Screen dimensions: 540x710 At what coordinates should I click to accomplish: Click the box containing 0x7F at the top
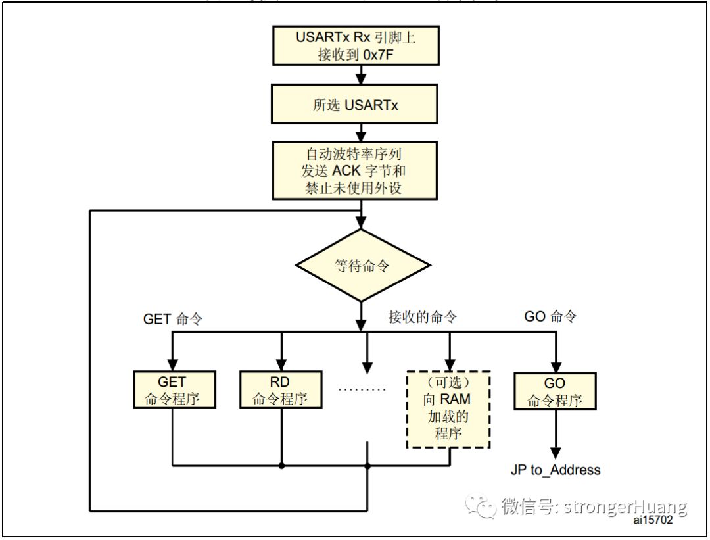pyautogui.click(x=355, y=46)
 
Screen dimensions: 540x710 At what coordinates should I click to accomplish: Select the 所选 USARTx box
pyautogui.click(x=355, y=104)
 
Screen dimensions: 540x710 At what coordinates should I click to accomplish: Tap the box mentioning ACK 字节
pyautogui.click(x=355, y=171)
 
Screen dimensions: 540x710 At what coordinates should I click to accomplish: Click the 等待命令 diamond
pyautogui.click(x=362, y=266)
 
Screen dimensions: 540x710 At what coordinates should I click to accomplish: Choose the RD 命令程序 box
pyautogui.click(x=281, y=391)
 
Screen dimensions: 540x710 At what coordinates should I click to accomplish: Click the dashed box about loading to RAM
pyautogui.click(x=448, y=409)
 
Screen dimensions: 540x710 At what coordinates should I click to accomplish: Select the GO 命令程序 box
pyautogui.click(x=556, y=392)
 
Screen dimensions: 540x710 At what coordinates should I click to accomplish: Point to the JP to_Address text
pyautogui.click(x=556, y=470)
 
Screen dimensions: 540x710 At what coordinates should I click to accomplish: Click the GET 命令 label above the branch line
pyautogui.click(x=173, y=319)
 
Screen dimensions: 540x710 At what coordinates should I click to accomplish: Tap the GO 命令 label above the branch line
pyautogui.click(x=551, y=316)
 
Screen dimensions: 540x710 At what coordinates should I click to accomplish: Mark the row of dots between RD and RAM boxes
pyautogui.click(x=362, y=389)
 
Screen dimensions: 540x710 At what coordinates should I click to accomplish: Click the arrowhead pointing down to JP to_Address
pyautogui.click(x=556, y=453)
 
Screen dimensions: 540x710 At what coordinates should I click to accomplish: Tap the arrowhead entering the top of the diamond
pyautogui.click(x=362, y=223)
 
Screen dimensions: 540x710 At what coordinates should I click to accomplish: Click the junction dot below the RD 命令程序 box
pyautogui.click(x=281, y=466)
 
